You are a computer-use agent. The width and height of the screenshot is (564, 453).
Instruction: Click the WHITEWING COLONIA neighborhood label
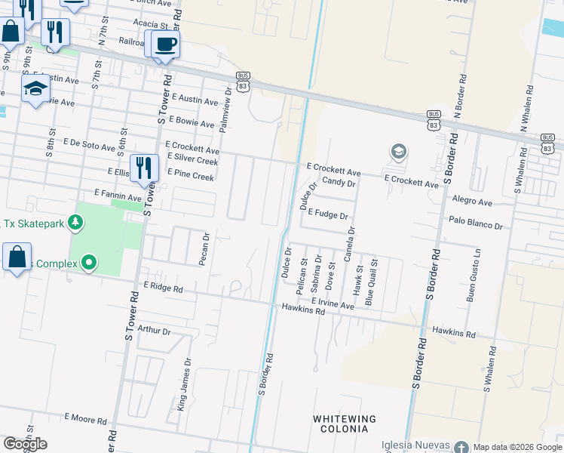(344, 424)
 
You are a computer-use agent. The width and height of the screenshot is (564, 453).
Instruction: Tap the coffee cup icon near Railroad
(165, 44)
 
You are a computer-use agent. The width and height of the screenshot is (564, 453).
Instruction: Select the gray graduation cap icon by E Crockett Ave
(397, 153)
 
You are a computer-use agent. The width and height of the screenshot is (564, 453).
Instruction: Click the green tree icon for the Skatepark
(74, 222)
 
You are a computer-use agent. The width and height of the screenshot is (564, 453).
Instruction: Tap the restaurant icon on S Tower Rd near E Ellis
(143, 168)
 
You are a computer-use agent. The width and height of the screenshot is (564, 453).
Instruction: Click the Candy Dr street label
(339, 183)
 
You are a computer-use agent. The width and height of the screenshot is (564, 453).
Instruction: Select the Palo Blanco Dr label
(475, 225)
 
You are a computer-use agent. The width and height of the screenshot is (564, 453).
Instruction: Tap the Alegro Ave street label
(472, 202)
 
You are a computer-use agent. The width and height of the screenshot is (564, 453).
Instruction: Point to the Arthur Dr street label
(155, 331)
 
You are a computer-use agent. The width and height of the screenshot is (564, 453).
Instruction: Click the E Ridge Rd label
(163, 288)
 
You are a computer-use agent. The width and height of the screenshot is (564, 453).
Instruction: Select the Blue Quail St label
(372, 282)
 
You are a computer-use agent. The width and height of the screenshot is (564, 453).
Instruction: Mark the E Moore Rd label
(86, 417)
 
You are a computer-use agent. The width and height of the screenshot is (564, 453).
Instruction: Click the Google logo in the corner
(25, 444)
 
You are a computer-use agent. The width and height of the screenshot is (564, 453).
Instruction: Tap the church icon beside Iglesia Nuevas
(461, 448)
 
